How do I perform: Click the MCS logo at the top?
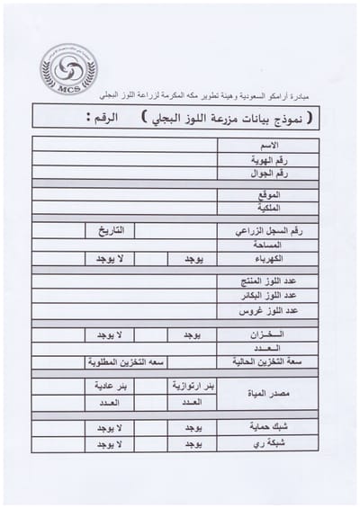coord(68,70)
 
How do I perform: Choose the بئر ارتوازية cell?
coord(193,386)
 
